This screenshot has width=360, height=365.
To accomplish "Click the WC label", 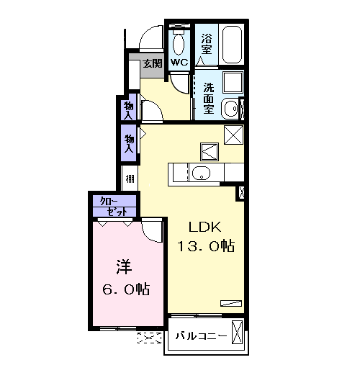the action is point(179,63).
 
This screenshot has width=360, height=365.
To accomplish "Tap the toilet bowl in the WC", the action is point(179,45).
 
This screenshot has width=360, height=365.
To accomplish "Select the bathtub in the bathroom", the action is point(232,45).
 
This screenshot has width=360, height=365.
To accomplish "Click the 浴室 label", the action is point(207,44).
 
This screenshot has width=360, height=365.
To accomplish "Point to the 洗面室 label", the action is point(209,99).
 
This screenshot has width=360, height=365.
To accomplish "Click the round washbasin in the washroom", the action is point(231,109).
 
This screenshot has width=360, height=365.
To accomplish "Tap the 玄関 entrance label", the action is point(153,63).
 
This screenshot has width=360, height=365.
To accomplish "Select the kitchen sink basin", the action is point(201,173).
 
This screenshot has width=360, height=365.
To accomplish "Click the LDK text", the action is point(204,227).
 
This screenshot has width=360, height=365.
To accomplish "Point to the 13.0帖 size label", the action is point(206,245).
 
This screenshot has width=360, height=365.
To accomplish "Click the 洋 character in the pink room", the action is point(124,266).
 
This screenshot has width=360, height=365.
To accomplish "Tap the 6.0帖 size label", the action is point(126,289).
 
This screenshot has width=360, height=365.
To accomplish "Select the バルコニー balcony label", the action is point(201,335).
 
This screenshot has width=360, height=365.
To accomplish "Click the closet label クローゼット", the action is point(114,207).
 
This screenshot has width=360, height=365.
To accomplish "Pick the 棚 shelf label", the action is point(130,179).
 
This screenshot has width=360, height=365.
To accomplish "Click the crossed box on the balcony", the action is point(237,332).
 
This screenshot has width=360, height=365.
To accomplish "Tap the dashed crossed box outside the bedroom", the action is point(149,338).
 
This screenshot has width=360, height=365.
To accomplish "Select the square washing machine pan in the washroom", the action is point(233,82).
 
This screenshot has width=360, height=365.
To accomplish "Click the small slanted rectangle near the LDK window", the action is point(231,303).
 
